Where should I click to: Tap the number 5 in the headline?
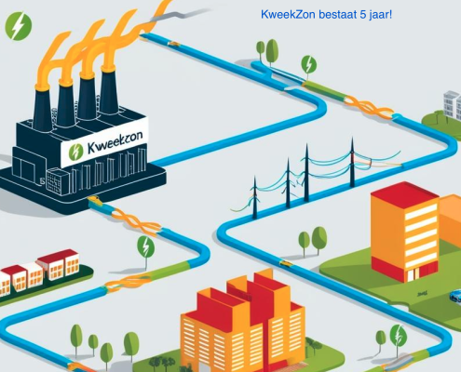(363, 14)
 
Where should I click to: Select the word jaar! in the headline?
(381, 15)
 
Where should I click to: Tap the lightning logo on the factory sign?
(75, 152)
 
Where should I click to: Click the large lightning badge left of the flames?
(19, 26)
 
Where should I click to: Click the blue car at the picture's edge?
(455, 296)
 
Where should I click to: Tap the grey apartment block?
(452, 105)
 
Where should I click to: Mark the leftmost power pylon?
(255, 197)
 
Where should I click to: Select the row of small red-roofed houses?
(39, 272)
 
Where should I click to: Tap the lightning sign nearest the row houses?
(145, 246)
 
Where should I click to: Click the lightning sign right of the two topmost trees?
(308, 64)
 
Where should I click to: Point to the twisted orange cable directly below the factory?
(136, 222)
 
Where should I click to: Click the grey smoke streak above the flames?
(178, 15)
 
